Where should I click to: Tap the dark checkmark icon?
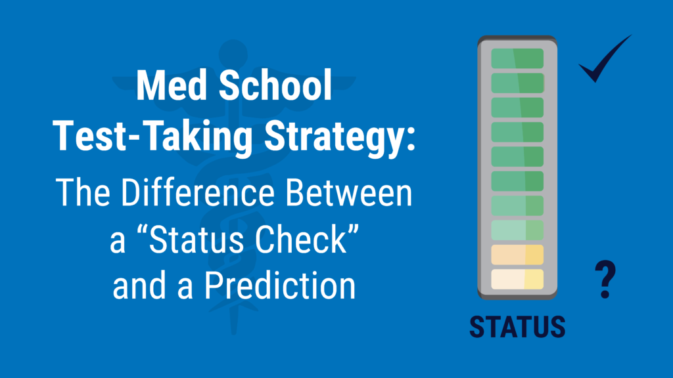(603, 60)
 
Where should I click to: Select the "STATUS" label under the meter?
(517, 326)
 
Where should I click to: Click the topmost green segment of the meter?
(517, 58)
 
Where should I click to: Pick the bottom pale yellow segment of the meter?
(517, 279)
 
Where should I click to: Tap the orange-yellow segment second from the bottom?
(517, 255)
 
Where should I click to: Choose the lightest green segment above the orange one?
(517, 230)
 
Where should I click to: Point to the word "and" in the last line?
(133, 287)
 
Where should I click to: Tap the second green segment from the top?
(517, 83)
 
